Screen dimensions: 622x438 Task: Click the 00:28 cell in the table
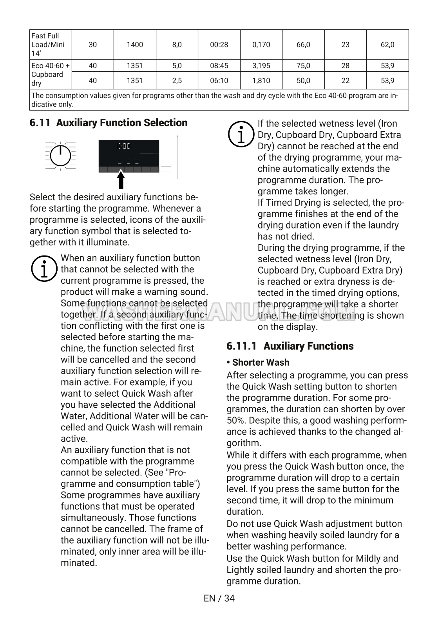(219, 45)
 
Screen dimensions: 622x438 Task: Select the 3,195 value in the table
(261, 65)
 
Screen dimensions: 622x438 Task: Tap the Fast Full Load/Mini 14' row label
(48, 45)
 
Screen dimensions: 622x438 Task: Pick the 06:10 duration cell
(219, 81)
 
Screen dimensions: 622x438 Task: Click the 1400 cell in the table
(135, 45)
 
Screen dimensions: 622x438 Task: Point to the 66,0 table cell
(303, 45)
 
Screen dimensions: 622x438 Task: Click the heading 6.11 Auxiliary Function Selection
(109, 123)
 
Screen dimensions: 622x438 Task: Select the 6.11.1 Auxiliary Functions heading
(290, 346)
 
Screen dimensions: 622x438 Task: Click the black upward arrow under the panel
(121, 180)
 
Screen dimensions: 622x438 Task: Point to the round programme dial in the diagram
(61, 156)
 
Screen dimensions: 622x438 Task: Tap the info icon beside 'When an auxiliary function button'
(44, 269)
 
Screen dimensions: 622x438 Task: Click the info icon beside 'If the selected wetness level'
(241, 134)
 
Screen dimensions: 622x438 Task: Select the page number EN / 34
(219, 598)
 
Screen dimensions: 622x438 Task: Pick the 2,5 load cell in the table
(177, 81)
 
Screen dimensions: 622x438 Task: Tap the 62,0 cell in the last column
(387, 45)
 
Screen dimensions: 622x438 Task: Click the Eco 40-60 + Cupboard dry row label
(51, 74)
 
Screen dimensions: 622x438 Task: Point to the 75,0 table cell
(303, 65)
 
